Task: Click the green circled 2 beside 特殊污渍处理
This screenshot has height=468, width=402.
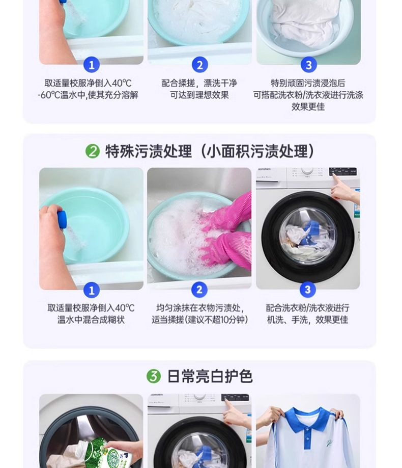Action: [x=92, y=151]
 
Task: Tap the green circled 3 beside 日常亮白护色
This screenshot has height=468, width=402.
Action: [x=154, y=377]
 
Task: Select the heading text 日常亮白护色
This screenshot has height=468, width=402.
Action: [x=210, y=377]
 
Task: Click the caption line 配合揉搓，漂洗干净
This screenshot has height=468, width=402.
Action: [x=199, y=83]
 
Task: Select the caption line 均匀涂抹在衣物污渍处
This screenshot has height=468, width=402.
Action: [x=199, y=308]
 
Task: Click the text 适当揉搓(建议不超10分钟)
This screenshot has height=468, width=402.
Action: [x=199, y=320]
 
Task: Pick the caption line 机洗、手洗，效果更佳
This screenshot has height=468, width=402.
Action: [x=307, y=320]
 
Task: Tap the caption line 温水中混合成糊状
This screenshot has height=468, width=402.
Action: [x=91, y=320]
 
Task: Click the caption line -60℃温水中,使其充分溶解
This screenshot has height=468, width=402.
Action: [x=88, y=95]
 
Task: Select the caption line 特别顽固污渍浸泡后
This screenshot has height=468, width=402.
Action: [x=308, y=83]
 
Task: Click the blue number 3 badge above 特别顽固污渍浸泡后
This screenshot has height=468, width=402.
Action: [x=308, y=65]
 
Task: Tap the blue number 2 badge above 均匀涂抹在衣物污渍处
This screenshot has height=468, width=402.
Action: [x=199, y=290]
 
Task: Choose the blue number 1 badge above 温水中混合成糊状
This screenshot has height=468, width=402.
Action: [x=91, y=290]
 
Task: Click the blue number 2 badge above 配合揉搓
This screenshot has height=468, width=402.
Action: [x=199, y=65]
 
